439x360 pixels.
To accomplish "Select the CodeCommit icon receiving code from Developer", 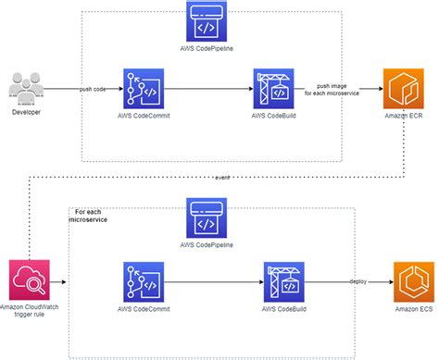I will [144, 90].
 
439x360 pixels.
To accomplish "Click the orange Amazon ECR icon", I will [404, 90].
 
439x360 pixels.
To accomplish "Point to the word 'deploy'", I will [357, 280].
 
